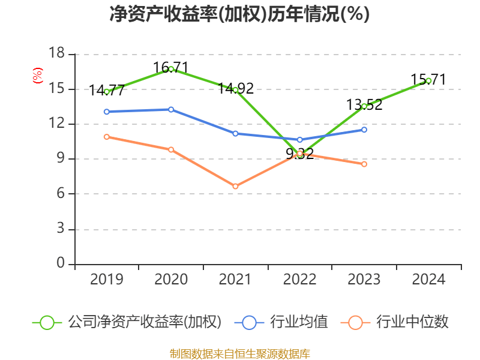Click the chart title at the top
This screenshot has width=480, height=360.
point(239,14)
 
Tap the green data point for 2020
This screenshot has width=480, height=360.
point(171,69)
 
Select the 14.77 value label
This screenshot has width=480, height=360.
point(107,91)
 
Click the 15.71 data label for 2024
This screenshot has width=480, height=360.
point(428,79)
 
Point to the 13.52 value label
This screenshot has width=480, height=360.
point(364,105)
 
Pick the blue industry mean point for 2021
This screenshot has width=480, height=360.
point(235,133)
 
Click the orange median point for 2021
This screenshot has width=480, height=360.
point(235,187)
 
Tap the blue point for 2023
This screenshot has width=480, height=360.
point(364,130)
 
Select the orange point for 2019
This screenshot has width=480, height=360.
point(107,137)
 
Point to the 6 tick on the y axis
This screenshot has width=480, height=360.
point(60,194)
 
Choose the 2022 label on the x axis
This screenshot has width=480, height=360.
point(299,280)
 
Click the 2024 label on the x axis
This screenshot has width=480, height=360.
point(428,280)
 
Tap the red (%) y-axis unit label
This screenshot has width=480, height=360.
point(38,75)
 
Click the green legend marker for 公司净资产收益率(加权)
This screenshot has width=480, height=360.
point(47,322)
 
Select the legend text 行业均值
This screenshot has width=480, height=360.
point(299,322)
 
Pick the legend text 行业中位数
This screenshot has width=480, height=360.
point(412,322)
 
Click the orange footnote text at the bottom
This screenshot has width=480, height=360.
point(239,353)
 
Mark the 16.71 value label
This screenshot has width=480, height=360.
point(171,67)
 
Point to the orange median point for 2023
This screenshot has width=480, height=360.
point(364,164)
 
